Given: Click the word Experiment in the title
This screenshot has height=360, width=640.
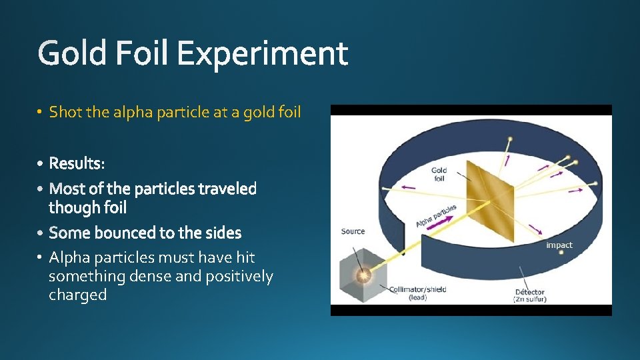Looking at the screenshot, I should click(263, 53).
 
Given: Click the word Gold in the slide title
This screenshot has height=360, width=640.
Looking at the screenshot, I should click(71, 53).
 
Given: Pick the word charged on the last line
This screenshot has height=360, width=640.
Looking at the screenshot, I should click(77, 295).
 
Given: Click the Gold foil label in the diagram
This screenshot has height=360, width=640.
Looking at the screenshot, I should click(439, 175).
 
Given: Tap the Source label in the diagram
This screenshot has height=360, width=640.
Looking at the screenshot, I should click(353, 231).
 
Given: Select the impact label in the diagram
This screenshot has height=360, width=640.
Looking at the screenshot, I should click(559, 245).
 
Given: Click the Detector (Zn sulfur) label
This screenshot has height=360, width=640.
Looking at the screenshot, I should click(530, 295).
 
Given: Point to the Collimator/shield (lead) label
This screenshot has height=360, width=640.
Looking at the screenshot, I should click(418, 293).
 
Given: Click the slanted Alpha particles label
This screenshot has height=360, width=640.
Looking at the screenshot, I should click(436, 215).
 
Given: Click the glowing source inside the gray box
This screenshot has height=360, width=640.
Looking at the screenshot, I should click(363, 274).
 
